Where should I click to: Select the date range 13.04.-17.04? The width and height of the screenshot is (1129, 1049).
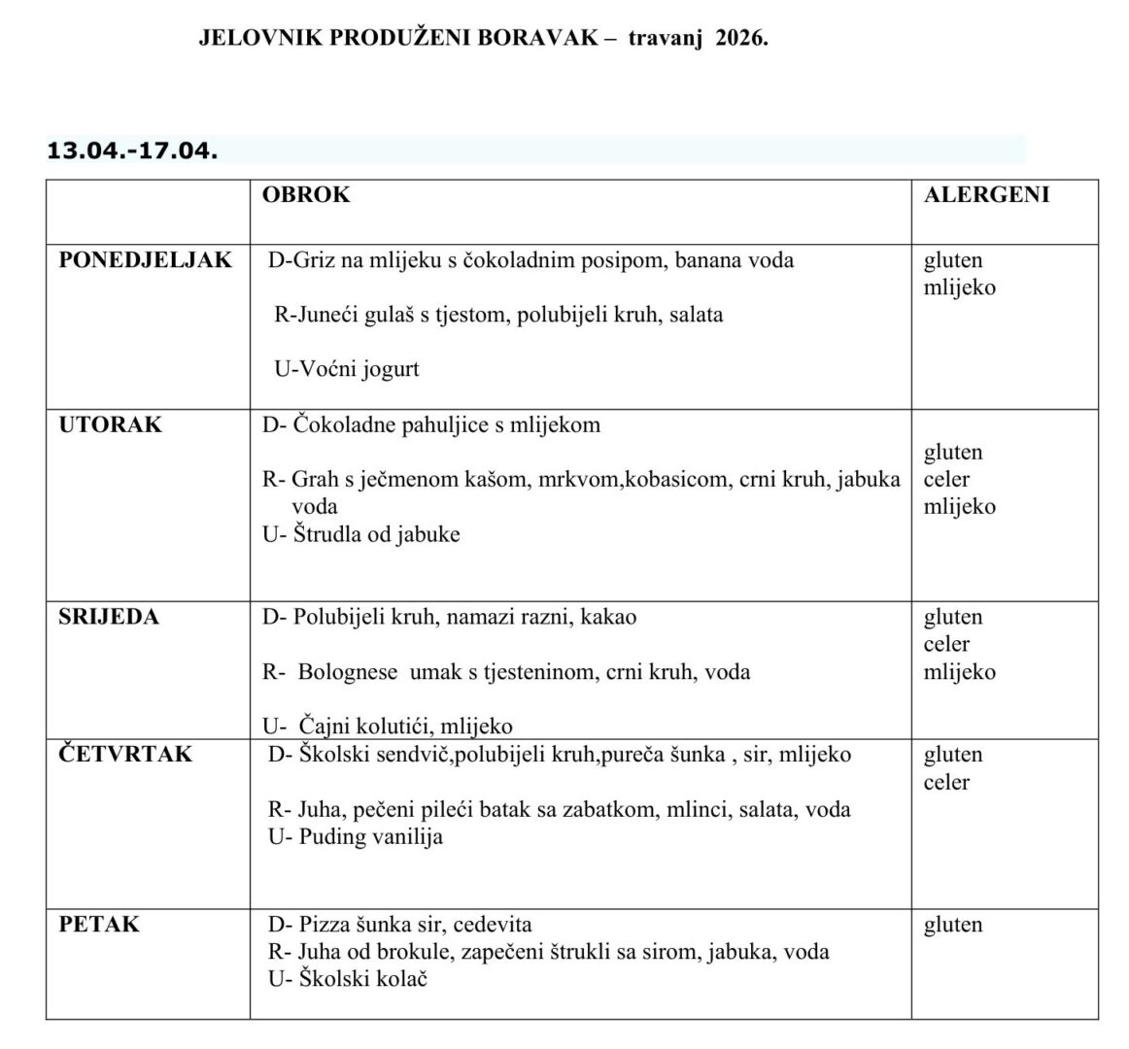(x=132, y=151)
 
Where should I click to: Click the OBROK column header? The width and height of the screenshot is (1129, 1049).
(x=306, y=194)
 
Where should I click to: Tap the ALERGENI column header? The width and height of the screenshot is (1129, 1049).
(x=986, y=194)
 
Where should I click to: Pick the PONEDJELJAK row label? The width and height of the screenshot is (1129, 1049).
(x=146, y=260)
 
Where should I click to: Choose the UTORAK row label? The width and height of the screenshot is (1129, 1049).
(x=111, y=424)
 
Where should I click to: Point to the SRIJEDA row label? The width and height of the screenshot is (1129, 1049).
(x=109, y=617)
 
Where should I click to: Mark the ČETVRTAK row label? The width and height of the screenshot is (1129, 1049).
(x=125, y=755)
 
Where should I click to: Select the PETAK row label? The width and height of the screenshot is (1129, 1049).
(x=99, y=924)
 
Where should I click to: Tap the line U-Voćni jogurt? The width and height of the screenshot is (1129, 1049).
(x=347, y=369)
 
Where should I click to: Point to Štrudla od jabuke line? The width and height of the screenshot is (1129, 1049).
(x=361, y=534)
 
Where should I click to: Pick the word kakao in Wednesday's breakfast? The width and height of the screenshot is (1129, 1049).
(x=608, y=618)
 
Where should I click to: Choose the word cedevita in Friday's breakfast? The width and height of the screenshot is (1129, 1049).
(x=493, y=925)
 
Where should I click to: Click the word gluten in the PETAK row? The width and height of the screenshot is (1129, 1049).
(x=953, y=925)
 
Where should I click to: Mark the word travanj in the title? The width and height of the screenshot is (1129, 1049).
(x=663, y=39)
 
